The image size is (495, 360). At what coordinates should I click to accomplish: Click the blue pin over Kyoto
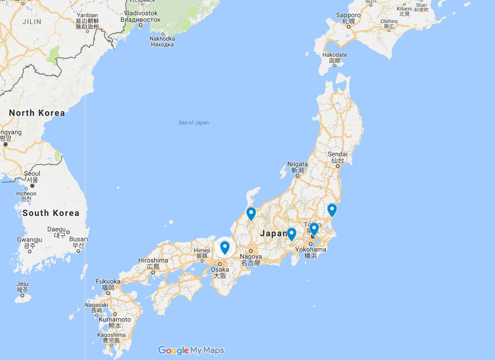tap(225, 247)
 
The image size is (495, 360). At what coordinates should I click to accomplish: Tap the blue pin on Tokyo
tap(314, 229)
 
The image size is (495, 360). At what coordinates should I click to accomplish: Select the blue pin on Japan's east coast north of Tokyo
tap(332, 209)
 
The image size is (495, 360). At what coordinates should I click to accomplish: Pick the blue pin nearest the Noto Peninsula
tap(251, 213)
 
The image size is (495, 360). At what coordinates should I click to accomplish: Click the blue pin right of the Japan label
tap(291, 233)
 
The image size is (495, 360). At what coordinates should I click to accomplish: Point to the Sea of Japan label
tap(194, 123)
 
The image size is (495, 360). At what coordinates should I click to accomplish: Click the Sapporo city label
tap(348, 15)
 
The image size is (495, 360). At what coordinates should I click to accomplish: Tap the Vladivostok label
tap(141, 13)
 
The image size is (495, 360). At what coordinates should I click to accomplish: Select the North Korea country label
tap(37, 113)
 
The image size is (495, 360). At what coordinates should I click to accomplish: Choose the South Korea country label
tap(51, 213)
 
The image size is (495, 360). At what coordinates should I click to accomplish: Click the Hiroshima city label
tap(153, 260)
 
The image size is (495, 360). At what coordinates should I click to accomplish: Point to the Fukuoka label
tap(108, 281)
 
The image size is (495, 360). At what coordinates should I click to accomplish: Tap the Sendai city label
tap(337, 154)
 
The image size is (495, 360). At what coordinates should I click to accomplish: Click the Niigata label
tap(297, 164)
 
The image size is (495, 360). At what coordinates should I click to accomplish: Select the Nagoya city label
tap(251, 257)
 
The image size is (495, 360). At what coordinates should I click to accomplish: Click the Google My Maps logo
tap(191, 350)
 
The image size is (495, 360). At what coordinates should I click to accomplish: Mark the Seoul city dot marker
tap(32, 186)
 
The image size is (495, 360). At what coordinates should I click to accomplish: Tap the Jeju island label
tap(22, 284)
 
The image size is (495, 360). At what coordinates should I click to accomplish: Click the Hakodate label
tap(334, 55)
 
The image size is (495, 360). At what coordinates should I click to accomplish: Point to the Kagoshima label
tap(111, 335)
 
